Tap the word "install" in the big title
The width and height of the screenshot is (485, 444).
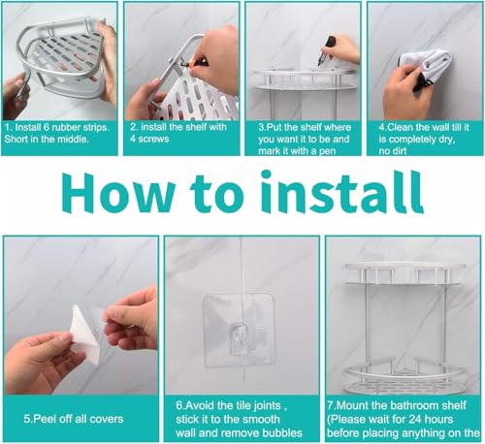click(x=342, y=191)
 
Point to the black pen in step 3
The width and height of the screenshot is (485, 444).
click(x=326, y=50)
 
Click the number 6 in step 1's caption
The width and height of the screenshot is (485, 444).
click(x=47, y=127)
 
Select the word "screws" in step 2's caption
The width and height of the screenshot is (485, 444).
click(x=153, y=140)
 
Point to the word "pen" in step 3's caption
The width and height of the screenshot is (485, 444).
click(x=327, y=151)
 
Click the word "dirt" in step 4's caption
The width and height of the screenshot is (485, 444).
click(x=399, y=151)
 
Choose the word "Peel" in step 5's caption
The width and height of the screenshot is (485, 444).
click(x=45, y=419)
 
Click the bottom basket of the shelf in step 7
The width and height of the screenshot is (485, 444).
click(x=403, y=377)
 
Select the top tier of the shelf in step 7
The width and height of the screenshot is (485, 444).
click(x=405, y=273)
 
